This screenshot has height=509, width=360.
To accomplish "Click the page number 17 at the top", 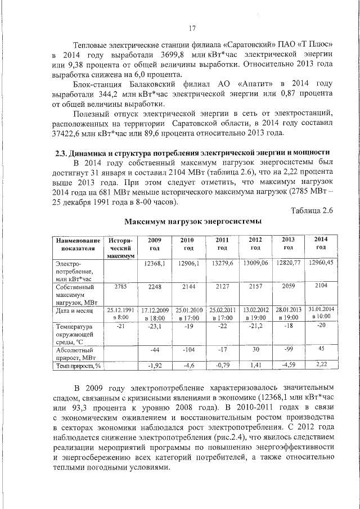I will pos(192,29).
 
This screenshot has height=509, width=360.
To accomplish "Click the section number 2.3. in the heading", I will pos(63,153).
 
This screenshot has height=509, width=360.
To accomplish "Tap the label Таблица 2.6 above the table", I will pos(312,210).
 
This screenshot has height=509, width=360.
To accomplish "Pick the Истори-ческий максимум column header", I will pos(120,247).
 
